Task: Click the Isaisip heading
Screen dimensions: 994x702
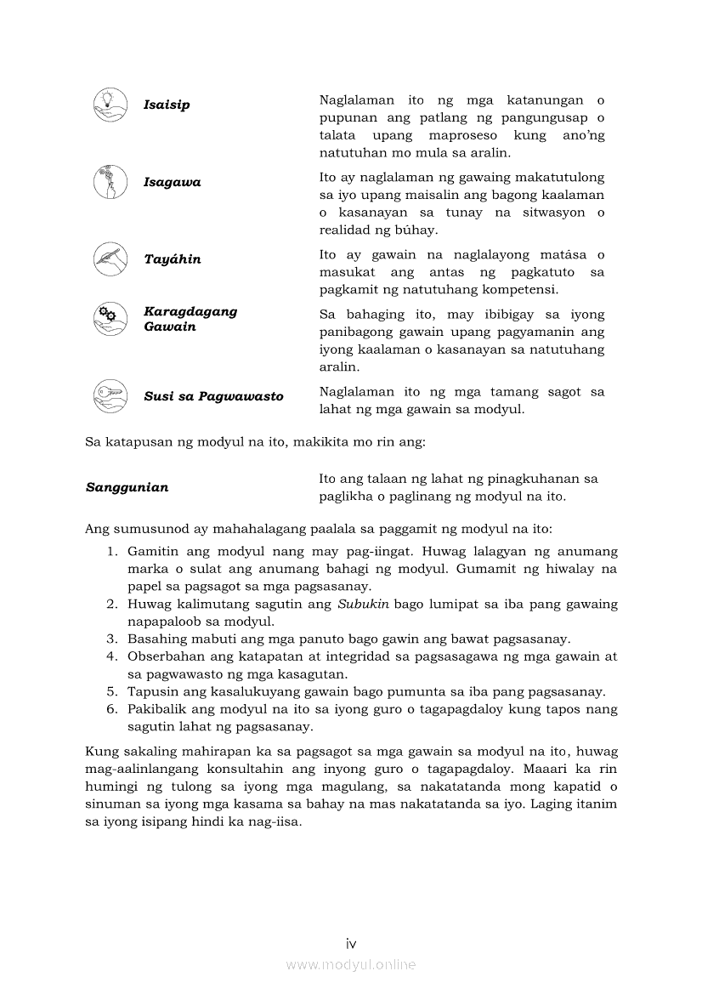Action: click(167, 105)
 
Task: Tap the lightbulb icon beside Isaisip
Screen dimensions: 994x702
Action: click(110, 105)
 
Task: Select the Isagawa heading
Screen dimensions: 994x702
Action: click(173, 182)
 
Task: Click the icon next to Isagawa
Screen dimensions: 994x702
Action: click(110, 182)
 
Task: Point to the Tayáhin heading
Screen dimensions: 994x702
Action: click(173, 259)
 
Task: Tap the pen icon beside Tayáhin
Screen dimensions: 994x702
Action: click(110, 259)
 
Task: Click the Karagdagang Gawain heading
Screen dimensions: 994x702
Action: click(190, 319)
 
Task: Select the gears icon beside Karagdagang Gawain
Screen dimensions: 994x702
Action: click(110, 319)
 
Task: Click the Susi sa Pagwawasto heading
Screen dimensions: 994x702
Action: click(213, 396)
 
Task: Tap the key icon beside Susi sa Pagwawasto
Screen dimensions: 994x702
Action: click(110, 396)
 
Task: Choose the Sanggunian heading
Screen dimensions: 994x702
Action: click(127, 487)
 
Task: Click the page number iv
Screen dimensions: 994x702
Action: click(350, 943)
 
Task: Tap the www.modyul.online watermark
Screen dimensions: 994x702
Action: click(350, 964)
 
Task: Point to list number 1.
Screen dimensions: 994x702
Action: click(111, 552)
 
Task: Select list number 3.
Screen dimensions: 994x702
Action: click(111, 639)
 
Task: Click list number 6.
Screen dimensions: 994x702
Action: click(111, 709)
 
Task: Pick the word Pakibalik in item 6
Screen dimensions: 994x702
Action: click(156, 709)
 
